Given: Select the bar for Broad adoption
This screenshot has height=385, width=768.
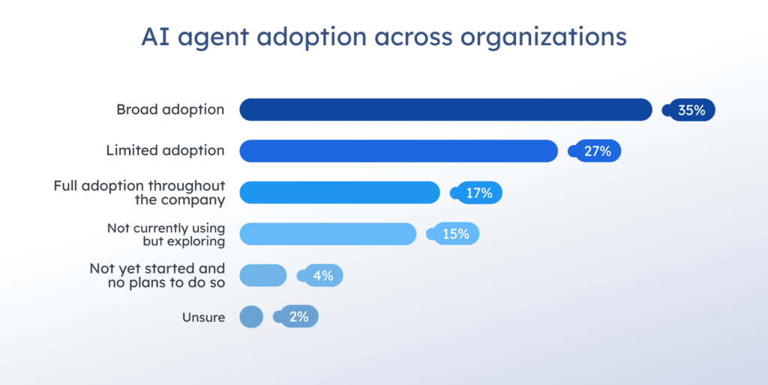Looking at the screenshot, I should point(445,110).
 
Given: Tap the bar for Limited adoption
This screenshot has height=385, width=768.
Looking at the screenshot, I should point(398,151).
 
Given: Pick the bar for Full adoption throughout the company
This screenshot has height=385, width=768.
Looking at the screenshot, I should point(339,193).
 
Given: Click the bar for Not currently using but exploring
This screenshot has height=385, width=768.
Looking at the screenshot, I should point(328,234).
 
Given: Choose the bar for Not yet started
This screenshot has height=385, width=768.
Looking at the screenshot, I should point(262,275).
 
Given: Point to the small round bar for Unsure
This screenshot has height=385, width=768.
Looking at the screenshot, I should point(251,317).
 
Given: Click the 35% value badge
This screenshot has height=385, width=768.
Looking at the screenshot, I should point(691,110).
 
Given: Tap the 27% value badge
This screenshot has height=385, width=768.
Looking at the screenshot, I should point(597,152).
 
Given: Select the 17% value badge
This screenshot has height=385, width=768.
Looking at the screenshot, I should point(478,193).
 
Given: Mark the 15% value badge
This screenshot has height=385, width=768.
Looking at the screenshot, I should point(455,234).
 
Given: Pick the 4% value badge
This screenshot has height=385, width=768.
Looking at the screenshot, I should point(322,275).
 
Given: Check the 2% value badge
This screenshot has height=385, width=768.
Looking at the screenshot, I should point(298,317).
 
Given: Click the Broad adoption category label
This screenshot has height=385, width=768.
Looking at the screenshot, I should point(170,110).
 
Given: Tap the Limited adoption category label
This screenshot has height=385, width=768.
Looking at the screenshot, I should point(165,151).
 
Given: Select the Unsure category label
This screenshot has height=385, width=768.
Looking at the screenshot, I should point(203,317).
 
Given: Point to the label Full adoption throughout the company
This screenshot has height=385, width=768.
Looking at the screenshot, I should point(139,193).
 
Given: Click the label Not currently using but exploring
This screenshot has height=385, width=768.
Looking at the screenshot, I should point(166,234).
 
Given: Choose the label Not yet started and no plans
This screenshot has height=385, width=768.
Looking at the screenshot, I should point(157,275).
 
